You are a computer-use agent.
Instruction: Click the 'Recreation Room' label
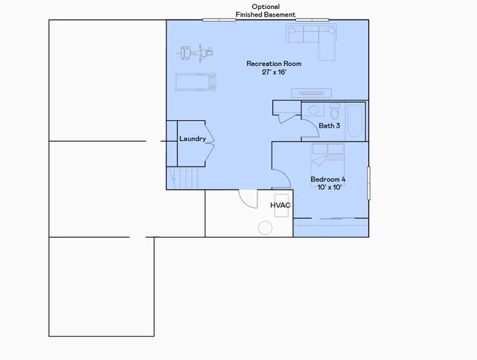[274, 64]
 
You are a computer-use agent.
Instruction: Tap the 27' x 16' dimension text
[274, 73]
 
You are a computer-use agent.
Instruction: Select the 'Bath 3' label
[329, 126]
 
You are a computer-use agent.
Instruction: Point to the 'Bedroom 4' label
[328, 179]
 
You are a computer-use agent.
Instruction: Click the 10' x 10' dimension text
[328, 187]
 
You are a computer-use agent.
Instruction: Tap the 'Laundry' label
[192, 139]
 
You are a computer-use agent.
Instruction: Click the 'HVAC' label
[280, 205]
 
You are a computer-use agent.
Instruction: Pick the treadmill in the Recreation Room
[196, 80]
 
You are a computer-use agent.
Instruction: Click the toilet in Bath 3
[334, 110]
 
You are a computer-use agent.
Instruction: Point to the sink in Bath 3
[312, 109]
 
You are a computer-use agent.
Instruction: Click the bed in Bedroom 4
[328, 160]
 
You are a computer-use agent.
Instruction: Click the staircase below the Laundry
[184, 178]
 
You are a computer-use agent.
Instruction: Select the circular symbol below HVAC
[265, 227]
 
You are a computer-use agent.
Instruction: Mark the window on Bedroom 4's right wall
[368, 183]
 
